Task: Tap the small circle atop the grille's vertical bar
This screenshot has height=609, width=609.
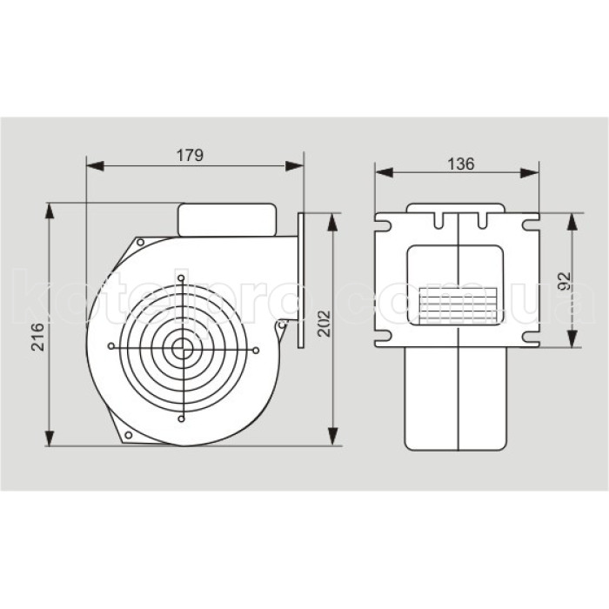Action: pos(182,278)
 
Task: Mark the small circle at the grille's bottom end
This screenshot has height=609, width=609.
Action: pos(182,419)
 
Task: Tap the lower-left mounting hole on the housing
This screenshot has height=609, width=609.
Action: pos(129,434)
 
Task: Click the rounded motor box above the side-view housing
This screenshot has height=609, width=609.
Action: pos(227,219)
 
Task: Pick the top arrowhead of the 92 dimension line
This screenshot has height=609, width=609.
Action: pos(572,217)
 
